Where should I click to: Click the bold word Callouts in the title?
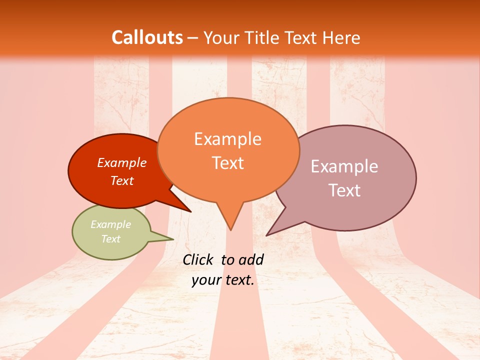pyautogui.click(x=147, y=37)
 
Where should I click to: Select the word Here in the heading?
pyautogui.click(x=342, y=37)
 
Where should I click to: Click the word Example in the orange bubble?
pyautogui.click(x=228, y=139)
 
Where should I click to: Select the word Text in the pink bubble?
pyautogui.click(x=344, y=190)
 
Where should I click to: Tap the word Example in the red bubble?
pyautogui.click(x=122, y=162)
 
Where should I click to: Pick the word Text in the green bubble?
pyautogui.click(x=110, y=239)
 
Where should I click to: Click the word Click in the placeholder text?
pyautogui.click(x=198, y=259)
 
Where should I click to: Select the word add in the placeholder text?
pyautogui.click(x=251, y=259)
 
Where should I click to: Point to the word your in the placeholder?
pyautogui.click(x=206, y=280)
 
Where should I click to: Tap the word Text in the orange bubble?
pyautogui.click(x=228, y=163)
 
